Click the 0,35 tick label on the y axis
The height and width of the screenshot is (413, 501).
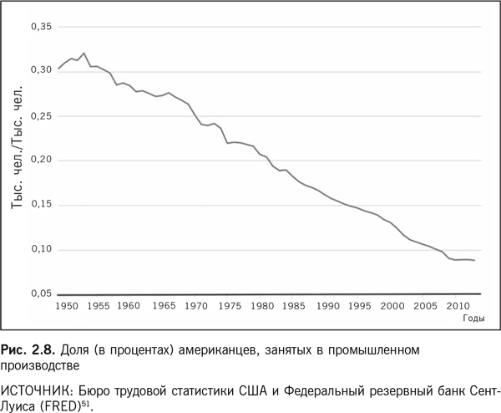tap(41, 28)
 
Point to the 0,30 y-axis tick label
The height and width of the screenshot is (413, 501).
tap(41, 71)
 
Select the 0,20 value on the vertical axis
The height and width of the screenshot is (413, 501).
tap(41, 160)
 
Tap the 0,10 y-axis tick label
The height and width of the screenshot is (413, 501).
tap(41, 249)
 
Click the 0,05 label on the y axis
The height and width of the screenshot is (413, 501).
tap(41, 293)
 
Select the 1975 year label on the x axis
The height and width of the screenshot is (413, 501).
tap(227, 307)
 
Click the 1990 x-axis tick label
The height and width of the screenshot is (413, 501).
tap(326, 307)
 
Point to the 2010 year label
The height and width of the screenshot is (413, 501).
tap(457, 307)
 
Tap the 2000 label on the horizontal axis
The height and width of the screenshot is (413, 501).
tap(392, 307)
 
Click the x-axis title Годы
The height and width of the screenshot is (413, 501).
tap(473, 319)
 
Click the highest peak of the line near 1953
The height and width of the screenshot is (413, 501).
tap(84, 53)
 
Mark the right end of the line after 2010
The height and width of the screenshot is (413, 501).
tap(475, 261)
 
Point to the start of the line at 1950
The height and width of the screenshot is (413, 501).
tap(58, 68)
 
